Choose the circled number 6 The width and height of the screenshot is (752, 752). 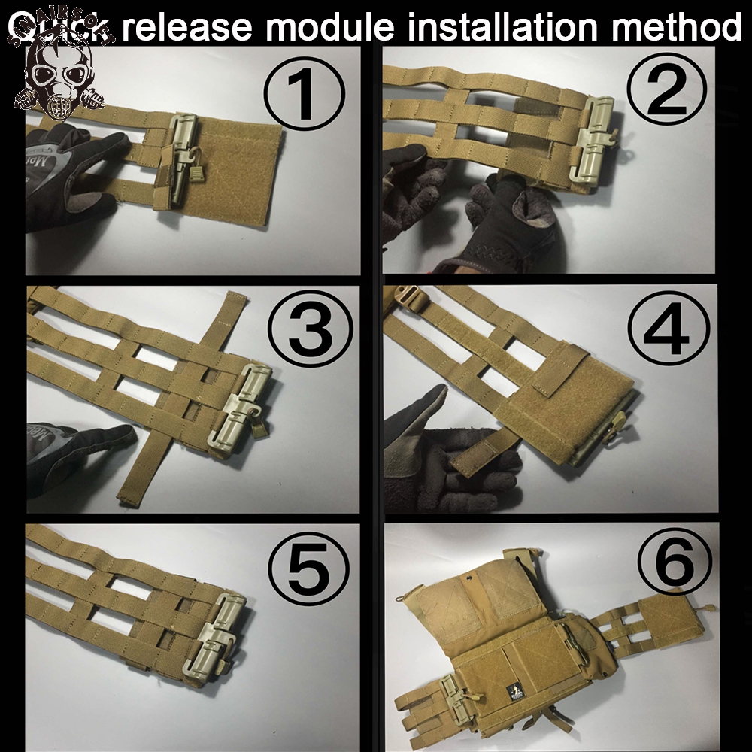coord(674,565)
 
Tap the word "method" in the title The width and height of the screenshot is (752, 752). coord(677,26)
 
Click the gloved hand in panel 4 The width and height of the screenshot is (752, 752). coord(444,451)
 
